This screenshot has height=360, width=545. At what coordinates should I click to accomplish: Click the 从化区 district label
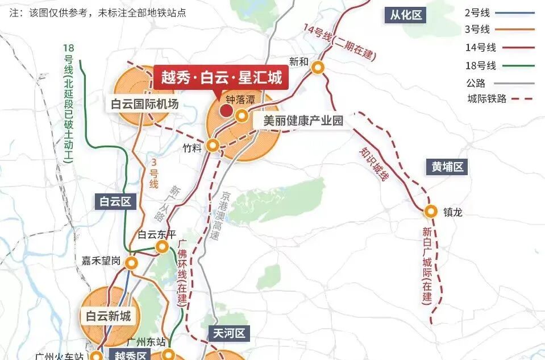(x=406, y=15)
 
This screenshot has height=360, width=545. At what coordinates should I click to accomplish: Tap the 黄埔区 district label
(x=447, y=167)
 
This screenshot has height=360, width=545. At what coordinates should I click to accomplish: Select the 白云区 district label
(x=115, y=201)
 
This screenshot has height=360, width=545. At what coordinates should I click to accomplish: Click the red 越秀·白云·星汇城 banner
(x=221, y=77)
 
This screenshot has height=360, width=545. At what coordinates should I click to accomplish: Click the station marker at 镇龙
(x=431, y=212)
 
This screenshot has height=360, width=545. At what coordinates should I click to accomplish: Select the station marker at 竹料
(x=213, y=146)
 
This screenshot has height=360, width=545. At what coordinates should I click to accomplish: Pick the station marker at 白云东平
(x=163, y=247)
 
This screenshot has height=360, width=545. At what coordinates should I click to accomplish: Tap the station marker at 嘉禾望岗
(x=132, y=263)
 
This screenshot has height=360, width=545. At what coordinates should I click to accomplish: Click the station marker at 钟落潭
(x=242, y=117)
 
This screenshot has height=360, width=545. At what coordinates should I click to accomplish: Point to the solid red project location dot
(x=226, y=111)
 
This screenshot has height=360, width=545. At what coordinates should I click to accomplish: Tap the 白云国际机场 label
(x=145, y=105)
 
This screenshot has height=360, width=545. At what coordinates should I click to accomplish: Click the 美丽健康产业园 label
(x=303, y=121)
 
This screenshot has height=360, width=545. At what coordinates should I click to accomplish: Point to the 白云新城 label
(x=109, y=316)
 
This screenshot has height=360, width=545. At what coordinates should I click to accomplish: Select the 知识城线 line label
(x=373, y=165)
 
